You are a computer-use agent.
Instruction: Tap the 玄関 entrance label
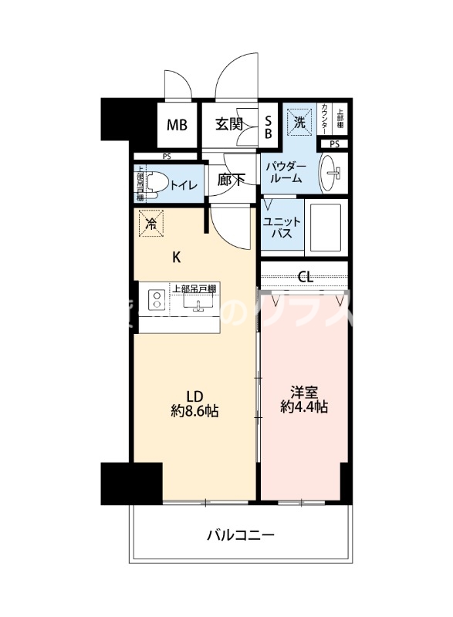(x=228, y=123)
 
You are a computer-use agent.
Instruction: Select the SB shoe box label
(x=269, y=126)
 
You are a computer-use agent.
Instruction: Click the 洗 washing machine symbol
(x=298, y=121)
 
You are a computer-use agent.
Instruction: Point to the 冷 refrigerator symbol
(x=151, y=224)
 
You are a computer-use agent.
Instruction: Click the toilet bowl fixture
(x=155, y=183)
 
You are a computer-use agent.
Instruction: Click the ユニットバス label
(x=277, y=228)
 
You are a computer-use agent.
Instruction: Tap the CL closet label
(x=305, y=276)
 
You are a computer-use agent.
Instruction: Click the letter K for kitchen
(x=176, y=257)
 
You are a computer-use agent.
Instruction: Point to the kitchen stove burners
(x=155, y=300)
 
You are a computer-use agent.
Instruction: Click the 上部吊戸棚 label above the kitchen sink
(x=194, y=289)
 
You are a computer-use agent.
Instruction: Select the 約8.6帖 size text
(x=194, y=412)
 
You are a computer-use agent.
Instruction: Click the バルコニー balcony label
(x=240, y=534)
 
